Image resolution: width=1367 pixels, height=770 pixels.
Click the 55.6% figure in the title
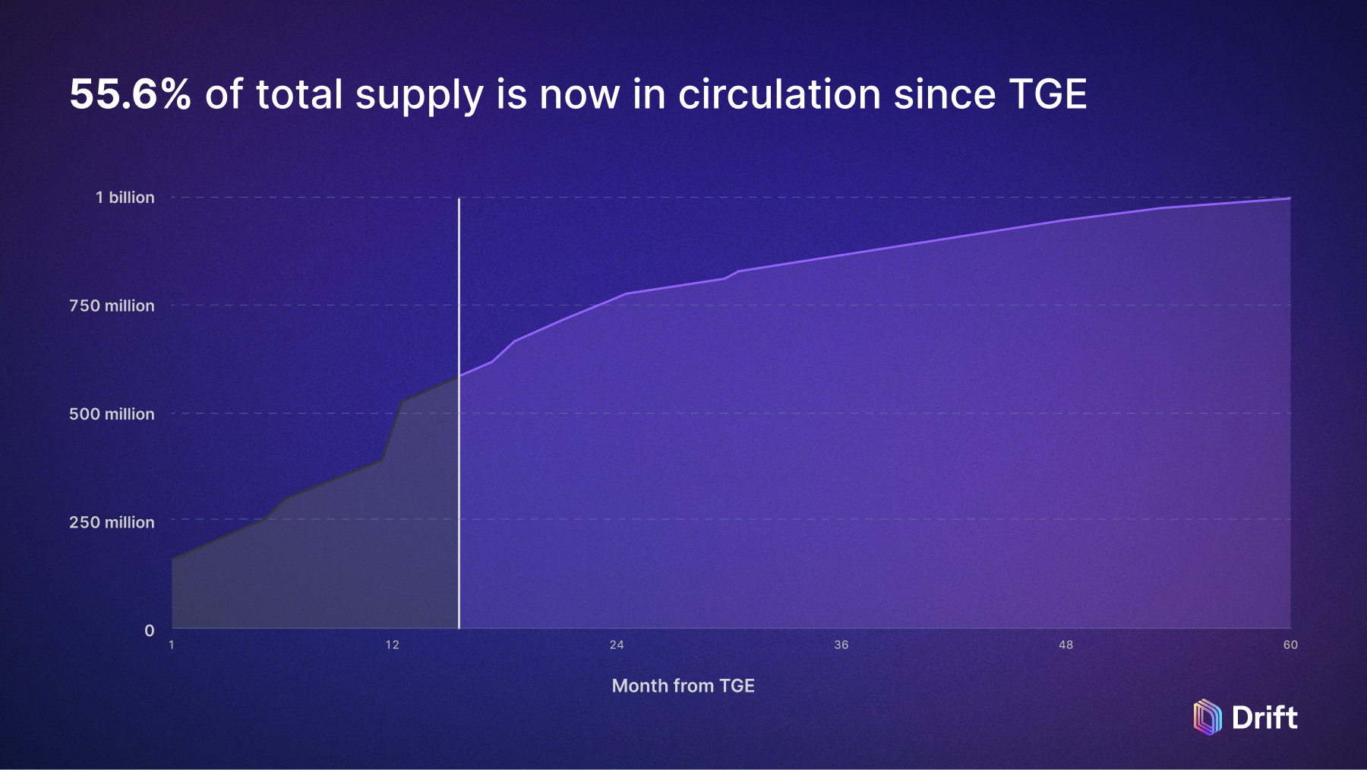130,94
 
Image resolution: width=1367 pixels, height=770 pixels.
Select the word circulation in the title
779,94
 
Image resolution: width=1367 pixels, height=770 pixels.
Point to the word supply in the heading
419,96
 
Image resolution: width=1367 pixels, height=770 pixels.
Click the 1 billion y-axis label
125,198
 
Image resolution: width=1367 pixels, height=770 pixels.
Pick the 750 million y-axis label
112,306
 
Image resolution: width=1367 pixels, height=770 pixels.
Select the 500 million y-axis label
112,414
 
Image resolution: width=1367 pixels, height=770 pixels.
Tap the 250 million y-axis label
112,522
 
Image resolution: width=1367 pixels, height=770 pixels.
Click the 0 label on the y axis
149,630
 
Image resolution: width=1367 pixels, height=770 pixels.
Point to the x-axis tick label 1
172,645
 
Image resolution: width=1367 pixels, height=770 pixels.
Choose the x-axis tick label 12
392,645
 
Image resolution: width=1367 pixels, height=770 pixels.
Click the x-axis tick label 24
617,645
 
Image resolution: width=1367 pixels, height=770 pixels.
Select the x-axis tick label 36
841,645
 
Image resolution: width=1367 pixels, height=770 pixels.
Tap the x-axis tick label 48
1066,645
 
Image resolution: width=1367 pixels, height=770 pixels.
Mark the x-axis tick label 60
1290,645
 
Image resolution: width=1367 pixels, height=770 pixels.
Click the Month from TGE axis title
683,686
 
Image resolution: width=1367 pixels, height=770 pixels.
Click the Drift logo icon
1208,717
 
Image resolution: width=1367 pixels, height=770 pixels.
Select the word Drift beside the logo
1264,718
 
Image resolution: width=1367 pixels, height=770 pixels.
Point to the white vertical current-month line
459,494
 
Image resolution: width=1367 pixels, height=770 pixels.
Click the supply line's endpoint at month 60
1290,198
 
